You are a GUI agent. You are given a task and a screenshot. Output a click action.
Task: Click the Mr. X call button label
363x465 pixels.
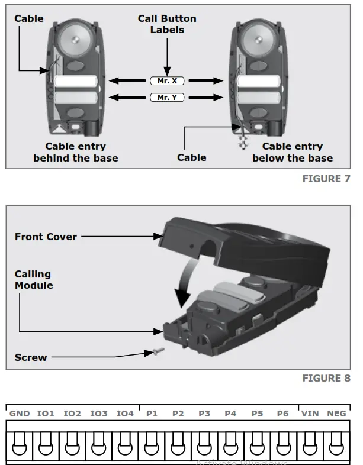166,81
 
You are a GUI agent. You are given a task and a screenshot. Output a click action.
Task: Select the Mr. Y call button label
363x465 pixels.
166,98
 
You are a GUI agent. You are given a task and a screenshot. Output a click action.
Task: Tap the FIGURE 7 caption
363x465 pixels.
326,179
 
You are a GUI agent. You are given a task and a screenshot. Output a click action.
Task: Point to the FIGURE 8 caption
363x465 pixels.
326,378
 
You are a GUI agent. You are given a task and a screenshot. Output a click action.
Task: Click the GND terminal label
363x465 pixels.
20,414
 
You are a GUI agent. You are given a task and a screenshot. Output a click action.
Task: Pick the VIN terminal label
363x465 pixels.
310,414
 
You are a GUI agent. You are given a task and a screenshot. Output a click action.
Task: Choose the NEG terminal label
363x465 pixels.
336,414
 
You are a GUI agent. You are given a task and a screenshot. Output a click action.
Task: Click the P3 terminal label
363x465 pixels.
204,414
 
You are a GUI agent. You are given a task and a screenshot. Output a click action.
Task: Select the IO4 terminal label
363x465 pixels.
125,414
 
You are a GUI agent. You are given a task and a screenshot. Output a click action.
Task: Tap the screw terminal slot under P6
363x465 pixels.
283,447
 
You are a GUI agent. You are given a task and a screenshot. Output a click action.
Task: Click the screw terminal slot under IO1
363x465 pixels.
46,447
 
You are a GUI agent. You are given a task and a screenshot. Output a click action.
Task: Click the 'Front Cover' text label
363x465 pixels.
46,237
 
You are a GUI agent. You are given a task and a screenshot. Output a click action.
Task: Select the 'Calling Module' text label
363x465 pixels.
34,280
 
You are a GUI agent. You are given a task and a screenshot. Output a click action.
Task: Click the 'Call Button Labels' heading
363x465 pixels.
166,24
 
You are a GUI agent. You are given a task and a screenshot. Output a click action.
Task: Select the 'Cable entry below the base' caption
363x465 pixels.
293,152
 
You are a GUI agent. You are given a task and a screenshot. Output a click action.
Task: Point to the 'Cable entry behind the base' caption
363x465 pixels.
76,152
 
